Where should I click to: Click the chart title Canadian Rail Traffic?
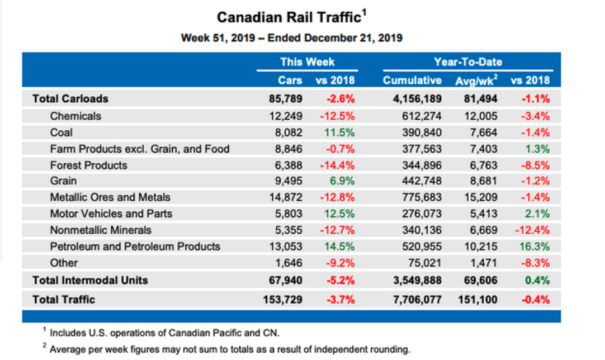289,17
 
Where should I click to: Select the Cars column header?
290,80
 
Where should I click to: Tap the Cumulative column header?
412,80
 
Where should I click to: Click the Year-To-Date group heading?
467,62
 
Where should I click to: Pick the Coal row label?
61,132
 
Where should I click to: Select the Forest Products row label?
88,165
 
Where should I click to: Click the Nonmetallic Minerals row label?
101,230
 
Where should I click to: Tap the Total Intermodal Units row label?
89,280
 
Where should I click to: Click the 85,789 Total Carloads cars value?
286,99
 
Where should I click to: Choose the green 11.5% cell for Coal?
341,132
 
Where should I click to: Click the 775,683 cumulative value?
422,197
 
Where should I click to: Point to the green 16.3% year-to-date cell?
536,246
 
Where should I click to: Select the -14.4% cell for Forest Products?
338,165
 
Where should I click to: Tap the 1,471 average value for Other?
484,263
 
